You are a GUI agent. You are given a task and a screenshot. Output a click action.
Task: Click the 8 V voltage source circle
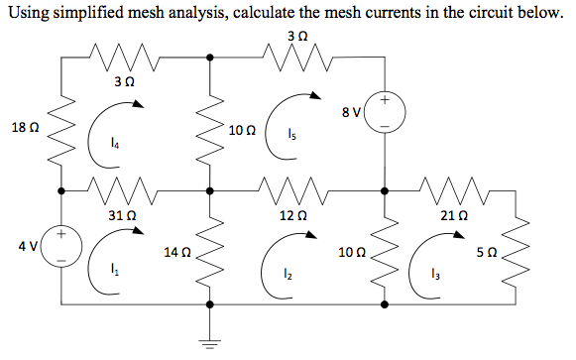click(385, 114)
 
